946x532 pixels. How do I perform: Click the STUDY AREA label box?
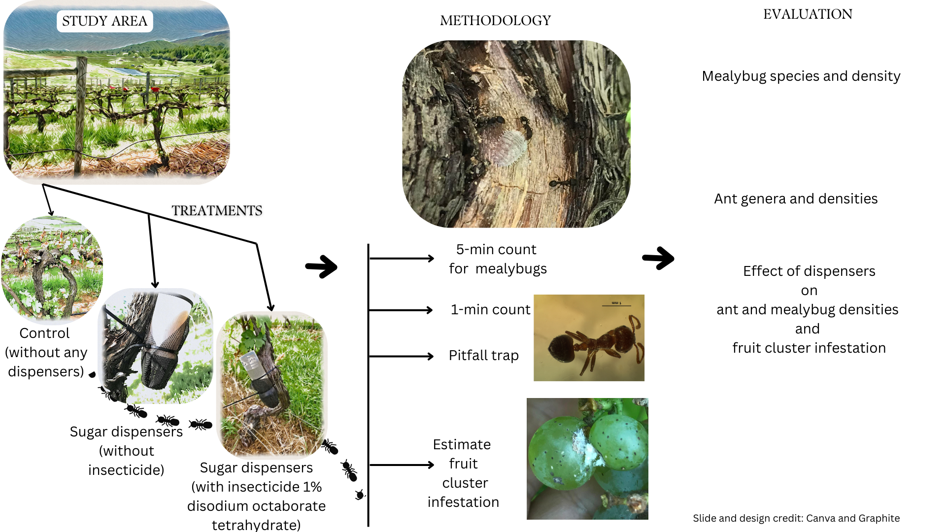(x=104, y=21)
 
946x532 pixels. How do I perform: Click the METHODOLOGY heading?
(x=495, y=21)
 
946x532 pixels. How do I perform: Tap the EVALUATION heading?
(x=808, y=14)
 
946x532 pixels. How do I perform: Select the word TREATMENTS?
(x=217, y=211)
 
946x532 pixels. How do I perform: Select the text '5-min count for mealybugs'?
(x=497, y=259)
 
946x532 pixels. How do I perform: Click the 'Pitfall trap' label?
(x=483, y=356)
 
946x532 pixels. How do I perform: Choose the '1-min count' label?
(x=490, y=310)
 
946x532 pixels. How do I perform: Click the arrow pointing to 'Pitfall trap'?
(x=401, y=356)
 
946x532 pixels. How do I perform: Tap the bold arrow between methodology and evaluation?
(x=658, y=258)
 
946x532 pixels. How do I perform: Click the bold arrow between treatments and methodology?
(x=321, y=267)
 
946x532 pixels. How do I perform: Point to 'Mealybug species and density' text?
(x=801, y=76)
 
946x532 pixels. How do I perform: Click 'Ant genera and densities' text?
(x=796, y=199)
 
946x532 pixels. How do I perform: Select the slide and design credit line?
(x=796, y=518)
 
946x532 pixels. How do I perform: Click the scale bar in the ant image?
(x=616, y=305)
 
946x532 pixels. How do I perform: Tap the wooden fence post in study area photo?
(x=80, y=116)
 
